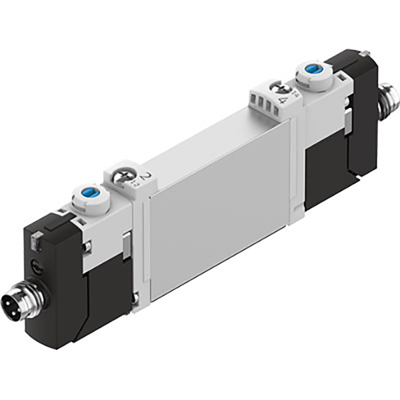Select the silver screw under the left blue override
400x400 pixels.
[87, 247]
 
